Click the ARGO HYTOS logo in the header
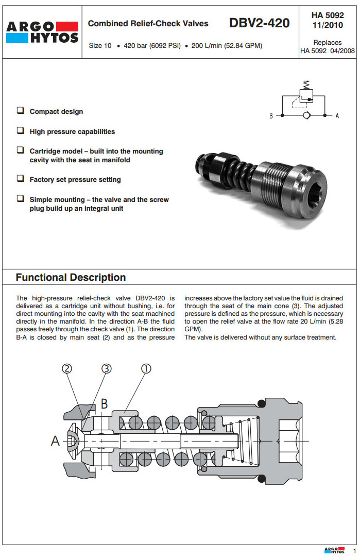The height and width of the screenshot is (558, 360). coord(43,32)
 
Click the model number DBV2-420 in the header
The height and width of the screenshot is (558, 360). coord(260,23)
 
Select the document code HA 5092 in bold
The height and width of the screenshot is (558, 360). coord(328,15)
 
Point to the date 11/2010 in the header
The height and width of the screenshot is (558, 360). coord(328,25)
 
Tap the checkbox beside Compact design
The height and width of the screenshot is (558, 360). coord(20,111)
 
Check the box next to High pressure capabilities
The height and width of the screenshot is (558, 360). coord(20,131)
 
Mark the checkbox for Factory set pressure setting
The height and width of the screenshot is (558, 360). coord(20,179)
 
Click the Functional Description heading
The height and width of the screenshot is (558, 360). coord(71,277)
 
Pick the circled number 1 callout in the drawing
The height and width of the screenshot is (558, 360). coord(146,368)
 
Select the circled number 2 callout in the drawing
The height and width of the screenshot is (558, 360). coord(67,368)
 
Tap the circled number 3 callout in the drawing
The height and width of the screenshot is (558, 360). coord(106,368)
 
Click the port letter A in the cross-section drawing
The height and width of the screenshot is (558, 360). coord(55,441)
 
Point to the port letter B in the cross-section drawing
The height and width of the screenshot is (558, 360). coord(104,403)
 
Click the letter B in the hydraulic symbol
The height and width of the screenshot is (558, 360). coord(271,116)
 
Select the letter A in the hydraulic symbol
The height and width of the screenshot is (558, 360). coord(337,116)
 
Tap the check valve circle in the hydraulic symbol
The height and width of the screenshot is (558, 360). coord(306,115)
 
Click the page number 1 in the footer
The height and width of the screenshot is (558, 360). coord(354,550)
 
